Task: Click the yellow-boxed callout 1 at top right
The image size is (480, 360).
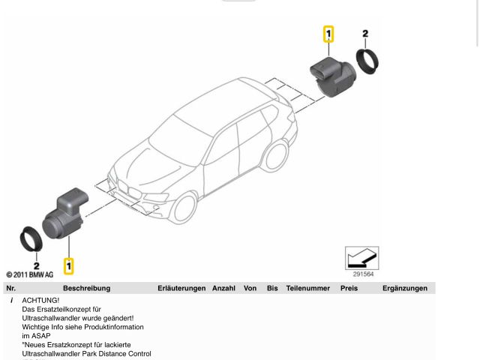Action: point(328,34)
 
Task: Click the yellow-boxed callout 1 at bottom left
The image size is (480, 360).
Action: point(69,265)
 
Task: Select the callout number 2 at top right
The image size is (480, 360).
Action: point(365,34)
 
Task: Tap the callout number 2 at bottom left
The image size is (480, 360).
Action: point(35,265)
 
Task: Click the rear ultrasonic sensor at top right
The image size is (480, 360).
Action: point(332,76)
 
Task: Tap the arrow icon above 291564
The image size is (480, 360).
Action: point(361,258)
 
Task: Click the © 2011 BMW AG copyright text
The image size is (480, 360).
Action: point(30,275)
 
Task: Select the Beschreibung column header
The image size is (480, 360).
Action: point(86,288)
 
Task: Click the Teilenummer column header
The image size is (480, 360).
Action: point(307,288)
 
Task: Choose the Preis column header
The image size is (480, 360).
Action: point(349,288)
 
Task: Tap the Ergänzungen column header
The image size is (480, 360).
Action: point(404,288)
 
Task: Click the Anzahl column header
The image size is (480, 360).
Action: point(223,288)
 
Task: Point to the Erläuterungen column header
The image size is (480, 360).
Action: point(181,288)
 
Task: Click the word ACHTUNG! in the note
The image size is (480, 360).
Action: point(40,300)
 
